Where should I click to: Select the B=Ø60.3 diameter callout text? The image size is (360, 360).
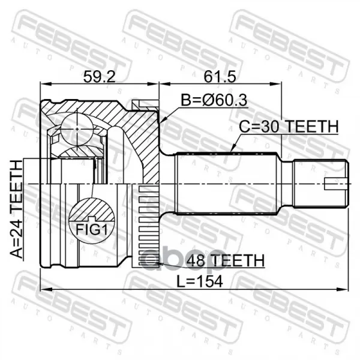pos(214,100)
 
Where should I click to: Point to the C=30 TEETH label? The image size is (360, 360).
pos(289,127)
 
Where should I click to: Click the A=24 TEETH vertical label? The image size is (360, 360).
pos(17,209)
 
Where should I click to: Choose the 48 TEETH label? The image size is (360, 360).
pos(226,260)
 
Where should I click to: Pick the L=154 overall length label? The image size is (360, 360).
pos(200,281)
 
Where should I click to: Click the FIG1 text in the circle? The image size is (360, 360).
pos(92,229)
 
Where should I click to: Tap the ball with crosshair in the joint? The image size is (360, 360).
pos(77,129)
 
